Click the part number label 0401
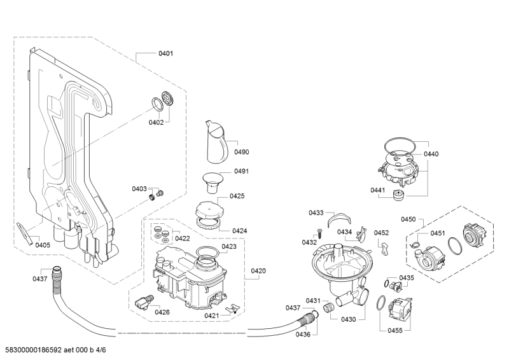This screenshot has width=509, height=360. point(165,54)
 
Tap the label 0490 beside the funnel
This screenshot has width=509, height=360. point(241,152)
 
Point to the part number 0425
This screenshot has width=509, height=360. point(237,197)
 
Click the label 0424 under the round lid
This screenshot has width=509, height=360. point(240,230)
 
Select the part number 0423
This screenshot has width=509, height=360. point(229,246)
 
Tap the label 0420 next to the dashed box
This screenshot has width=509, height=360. point(258,271)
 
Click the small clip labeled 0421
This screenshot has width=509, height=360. point(233,309)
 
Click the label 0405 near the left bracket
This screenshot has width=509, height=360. point(43,246)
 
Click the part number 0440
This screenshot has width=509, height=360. point(431,154)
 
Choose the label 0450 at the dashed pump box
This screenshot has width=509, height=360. point(408,219)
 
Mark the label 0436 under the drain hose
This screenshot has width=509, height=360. point(303,335)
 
